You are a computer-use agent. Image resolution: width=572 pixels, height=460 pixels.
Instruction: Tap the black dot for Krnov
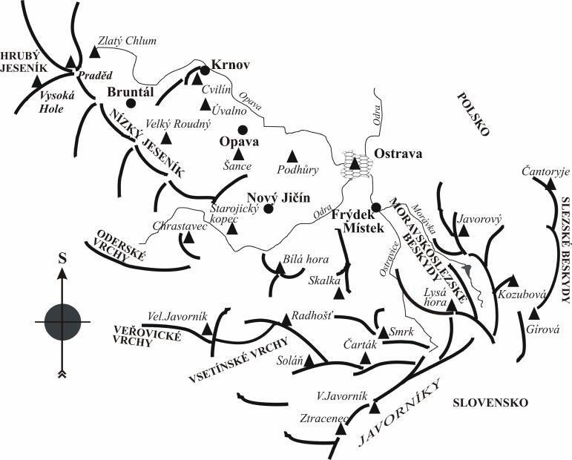pos(205,70)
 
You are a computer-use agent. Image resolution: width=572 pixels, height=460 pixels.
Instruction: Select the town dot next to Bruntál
pos(130,103)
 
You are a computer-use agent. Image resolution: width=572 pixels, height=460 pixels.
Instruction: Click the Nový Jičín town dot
pos(269,208)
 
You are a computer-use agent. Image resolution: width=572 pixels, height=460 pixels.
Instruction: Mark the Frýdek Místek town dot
pos(375,207)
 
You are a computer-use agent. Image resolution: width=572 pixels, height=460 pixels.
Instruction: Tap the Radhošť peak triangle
pos(286,319)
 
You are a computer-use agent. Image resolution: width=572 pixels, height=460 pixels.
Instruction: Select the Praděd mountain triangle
pos(70,62)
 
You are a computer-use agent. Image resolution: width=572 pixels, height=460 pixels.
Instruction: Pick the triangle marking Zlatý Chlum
pos(93,51)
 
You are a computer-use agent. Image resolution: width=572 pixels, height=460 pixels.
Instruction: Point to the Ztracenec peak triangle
pos(341,429)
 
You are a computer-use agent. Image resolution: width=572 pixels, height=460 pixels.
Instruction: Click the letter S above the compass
pos(62,259)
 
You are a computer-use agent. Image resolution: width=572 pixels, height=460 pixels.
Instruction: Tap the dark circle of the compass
pos(62,321)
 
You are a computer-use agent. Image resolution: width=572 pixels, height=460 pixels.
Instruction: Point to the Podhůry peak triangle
pos(292,155)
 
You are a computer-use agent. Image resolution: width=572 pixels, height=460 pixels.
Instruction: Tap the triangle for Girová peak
pos(533,313)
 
